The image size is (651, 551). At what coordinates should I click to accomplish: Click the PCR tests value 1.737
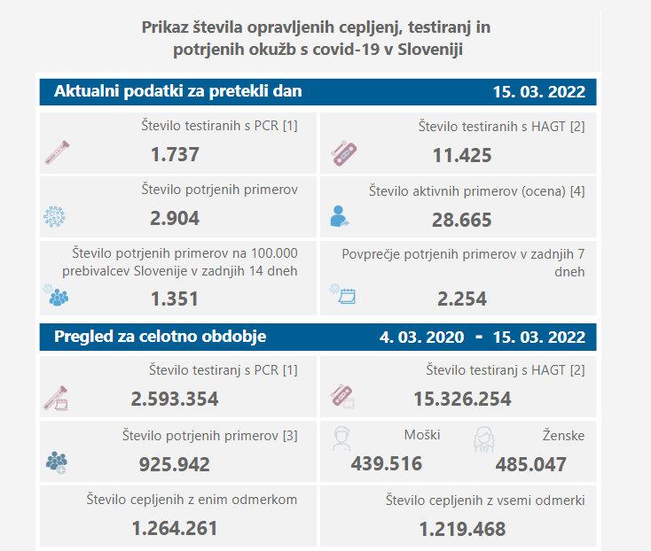[x=175, y=155]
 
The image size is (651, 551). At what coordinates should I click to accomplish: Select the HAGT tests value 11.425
[x=461, y=157]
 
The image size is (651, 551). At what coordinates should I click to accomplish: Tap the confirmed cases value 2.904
[x=175, y=218]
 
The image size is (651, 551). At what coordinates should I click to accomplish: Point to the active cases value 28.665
[x=461, y=220]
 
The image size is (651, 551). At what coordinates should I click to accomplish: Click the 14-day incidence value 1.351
[x=175, y=299]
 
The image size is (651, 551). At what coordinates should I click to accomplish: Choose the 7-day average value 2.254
[x=461, y=299]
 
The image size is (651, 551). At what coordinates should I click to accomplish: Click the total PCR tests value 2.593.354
[x=175, y=399]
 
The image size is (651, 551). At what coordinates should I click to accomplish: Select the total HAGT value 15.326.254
[x=461, y=399]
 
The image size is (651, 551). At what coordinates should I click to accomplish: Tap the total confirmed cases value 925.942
[x=175, y=463]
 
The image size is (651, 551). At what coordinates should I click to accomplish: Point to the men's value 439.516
[x=387, y=463]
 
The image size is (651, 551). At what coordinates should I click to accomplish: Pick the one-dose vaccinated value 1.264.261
[x=175, y=529]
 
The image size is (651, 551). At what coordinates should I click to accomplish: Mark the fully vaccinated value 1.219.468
[x=461, y=529]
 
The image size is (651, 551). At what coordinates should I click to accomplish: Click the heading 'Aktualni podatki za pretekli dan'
[x=178, y=91]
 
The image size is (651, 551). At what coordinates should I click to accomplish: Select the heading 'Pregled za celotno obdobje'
[x=161, y=337]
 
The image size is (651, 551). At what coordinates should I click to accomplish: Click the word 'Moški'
[x=421, y=436]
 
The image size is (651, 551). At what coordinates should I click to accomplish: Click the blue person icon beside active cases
[x=341, y=215]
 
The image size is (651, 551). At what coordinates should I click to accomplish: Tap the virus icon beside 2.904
[x=55, y=216]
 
